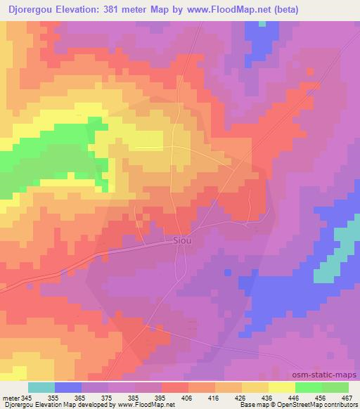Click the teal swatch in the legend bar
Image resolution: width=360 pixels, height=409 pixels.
(41, 387)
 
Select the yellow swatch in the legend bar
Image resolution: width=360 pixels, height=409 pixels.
(281, 387)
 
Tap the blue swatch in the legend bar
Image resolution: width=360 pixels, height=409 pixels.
(68, 387)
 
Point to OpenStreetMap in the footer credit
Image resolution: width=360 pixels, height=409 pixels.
(297, 405)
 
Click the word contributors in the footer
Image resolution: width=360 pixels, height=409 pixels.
(339, 405)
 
